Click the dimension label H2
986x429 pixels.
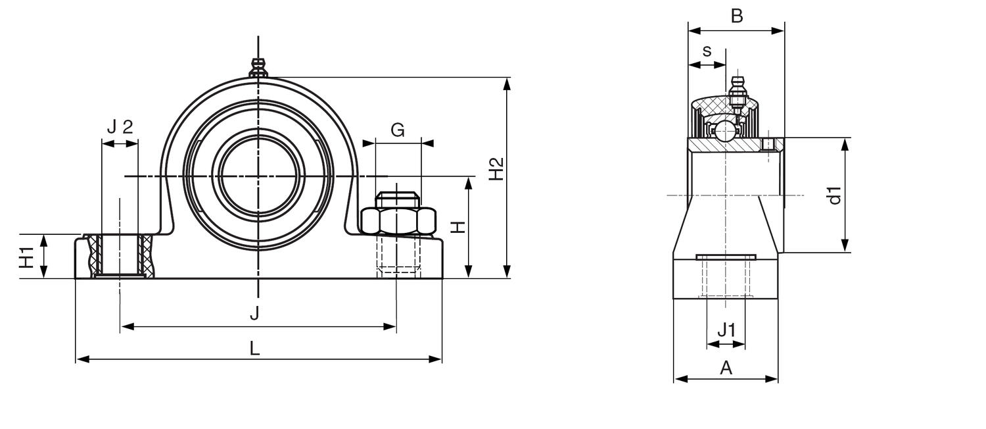point(497,168)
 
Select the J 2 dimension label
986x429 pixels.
point(120,127)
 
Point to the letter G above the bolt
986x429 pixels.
point(398,130)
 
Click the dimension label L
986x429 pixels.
point(254,348)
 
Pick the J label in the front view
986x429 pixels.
point(254,314)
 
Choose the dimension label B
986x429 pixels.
point(737,16)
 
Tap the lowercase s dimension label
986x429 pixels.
point(707,51)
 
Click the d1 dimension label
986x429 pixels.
point(834,195)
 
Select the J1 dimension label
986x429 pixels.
point(726,330)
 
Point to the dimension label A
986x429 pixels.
point(726,368)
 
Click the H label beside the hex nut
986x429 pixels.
point(458,227)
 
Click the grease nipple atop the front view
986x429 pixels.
point(258,66)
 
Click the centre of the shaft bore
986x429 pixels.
point(258,176)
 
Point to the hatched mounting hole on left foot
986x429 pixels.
point(120,257)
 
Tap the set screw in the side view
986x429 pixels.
point(769,144)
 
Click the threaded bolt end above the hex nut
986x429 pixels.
point(397,199)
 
